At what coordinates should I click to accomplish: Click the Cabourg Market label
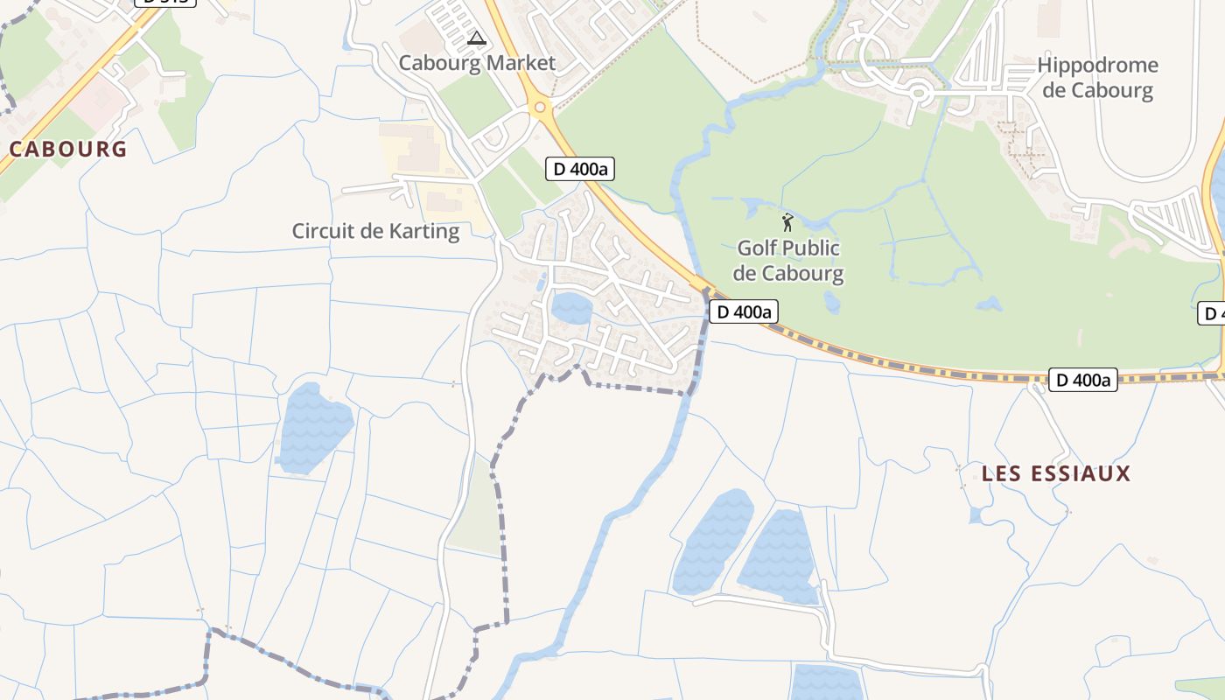tap(477, 63)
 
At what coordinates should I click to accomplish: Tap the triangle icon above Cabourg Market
tap(476, 38)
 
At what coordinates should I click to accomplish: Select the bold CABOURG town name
tap(68, 149)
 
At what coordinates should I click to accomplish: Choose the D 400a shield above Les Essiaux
tap(1083, 380)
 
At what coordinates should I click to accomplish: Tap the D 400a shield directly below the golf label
tap(743, 311)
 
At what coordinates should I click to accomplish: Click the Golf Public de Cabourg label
tap(787, 261)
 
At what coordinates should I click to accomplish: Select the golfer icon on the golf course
tap(787, 222)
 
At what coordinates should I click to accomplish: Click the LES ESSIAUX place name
tap(1056, 474)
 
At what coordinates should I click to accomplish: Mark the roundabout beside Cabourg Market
tap(540, 108)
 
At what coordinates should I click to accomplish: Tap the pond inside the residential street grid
tap(571, 307)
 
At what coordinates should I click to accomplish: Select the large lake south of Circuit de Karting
tap(314, 426)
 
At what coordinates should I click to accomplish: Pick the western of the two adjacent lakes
tap(714, 541)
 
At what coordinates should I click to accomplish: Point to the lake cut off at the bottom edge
tap(826, 682)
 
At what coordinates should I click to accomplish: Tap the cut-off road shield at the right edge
tap(1213, 313)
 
